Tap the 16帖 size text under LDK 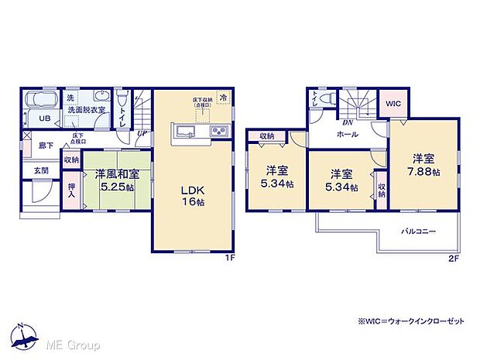coord(194,204)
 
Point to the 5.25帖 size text coord(116,188)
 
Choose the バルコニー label coord(418,231)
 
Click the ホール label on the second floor coord(347,134)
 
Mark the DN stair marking coord(349,122)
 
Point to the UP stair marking coord(142,133)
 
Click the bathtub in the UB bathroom coord(41,100)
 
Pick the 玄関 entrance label coord(40,170)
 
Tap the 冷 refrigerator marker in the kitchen coord(223,98)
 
